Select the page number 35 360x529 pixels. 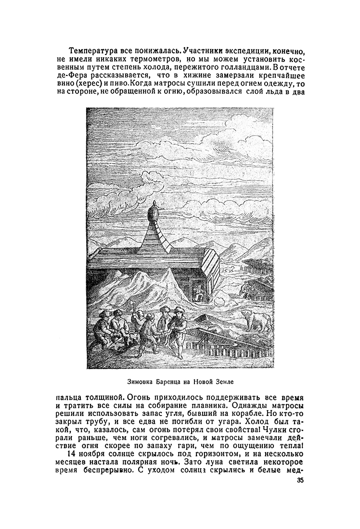click(x=301, y=481)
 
